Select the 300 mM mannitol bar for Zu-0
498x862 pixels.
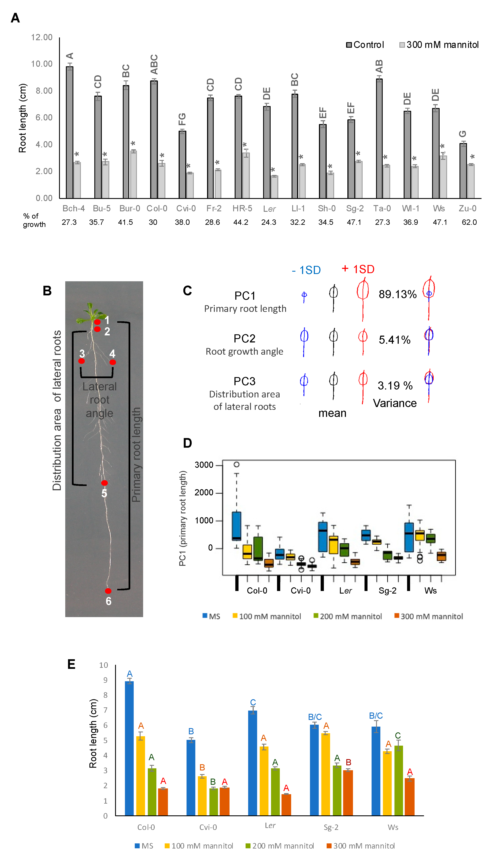pyautogui.click(x=471, y=181)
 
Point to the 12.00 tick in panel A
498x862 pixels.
pyautogui.click(x=42, y=37)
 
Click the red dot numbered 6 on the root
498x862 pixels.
pyautogui.click(x=108, y=591)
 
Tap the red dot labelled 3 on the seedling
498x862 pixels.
pyautogui.click(x=82, y=361)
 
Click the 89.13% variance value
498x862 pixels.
pyautogui.click(x=397, y=294)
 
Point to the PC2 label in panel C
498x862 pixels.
pyautogui.click(x=244, y=339)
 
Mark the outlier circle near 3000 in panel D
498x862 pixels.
pyautogui.click(x=236, y=464)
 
